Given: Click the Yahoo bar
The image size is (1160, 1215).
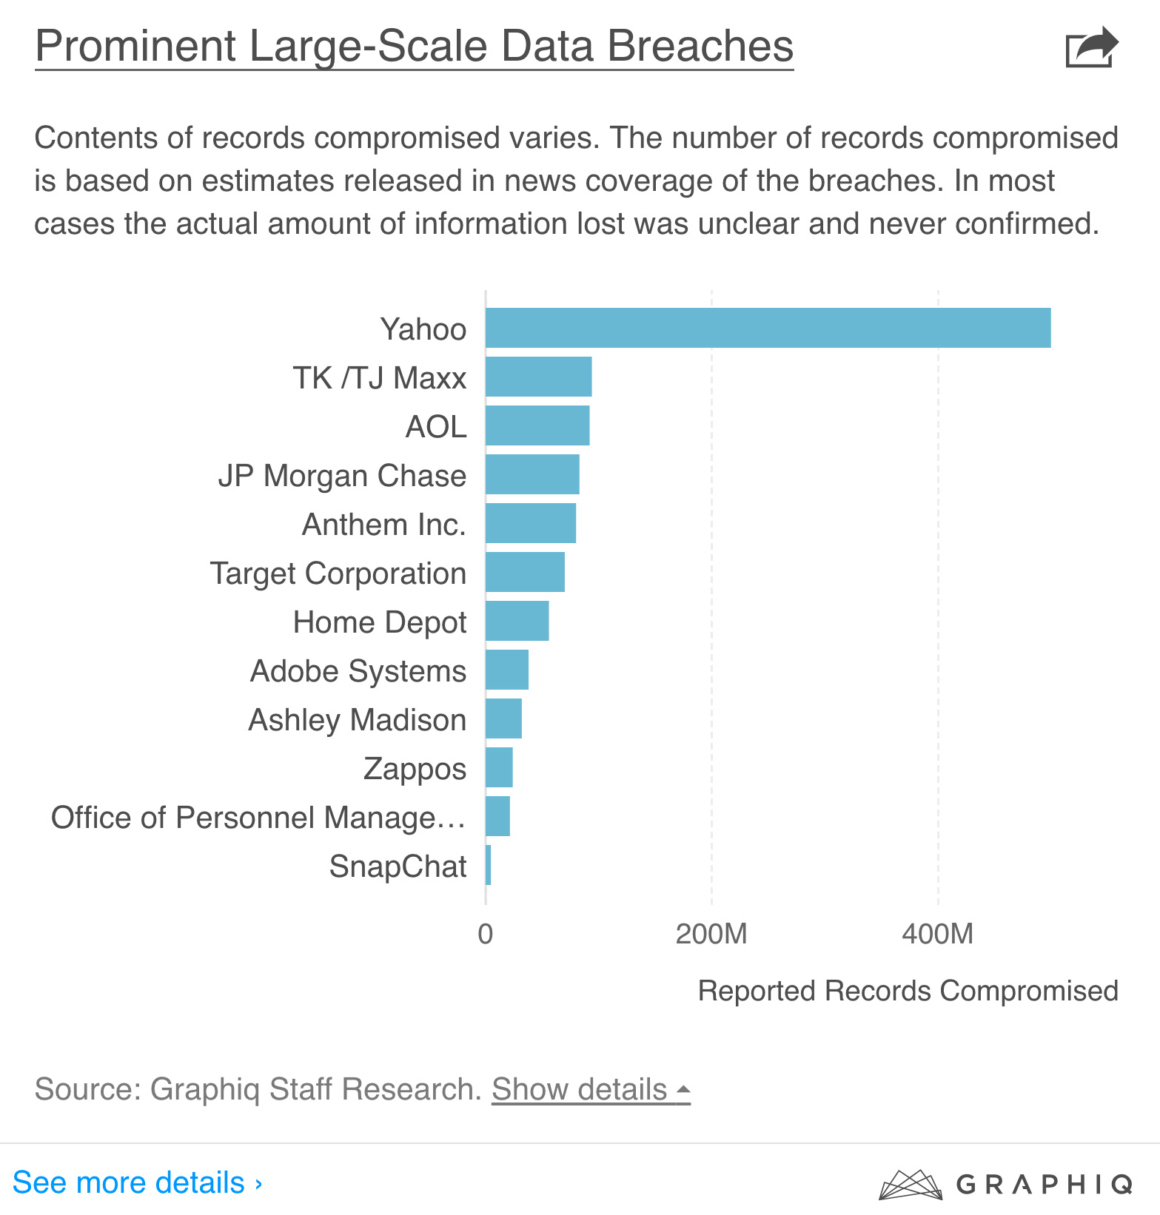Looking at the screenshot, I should pos(768,328).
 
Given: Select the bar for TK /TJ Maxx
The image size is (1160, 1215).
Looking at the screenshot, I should pos(538,377).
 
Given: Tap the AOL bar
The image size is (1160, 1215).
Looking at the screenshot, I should pos(537,425).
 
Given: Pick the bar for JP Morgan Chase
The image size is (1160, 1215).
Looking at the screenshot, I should pos(532,474).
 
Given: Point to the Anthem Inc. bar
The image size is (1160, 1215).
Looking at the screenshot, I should pos(531,523).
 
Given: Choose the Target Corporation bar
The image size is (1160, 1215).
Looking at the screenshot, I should pos(525,572).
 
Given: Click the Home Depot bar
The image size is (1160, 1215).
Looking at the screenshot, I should pos(517,621).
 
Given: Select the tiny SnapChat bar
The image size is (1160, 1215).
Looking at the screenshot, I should pos(489,865).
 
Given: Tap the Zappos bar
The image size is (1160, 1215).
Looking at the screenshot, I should pos(499,767).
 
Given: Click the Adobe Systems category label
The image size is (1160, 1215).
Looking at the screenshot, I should pos(358,671).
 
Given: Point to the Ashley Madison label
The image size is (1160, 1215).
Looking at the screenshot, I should pos(357,720).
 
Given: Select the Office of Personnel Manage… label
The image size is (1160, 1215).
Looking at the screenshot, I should pos(258,818).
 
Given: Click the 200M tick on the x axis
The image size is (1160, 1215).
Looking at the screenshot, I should pos(711,934).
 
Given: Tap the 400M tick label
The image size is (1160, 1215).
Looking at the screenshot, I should pos(937,934).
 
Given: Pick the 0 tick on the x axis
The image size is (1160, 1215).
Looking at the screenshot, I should pos(486,934).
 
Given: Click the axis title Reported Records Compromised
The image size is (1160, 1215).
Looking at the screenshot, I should pos(908,991).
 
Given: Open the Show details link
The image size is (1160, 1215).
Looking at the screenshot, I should pos(591,1089).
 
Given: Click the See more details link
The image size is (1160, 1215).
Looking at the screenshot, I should pos(138,1182).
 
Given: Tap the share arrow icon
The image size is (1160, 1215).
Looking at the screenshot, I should pos(1091,47).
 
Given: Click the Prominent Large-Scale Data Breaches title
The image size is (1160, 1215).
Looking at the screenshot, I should pos(414,46).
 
